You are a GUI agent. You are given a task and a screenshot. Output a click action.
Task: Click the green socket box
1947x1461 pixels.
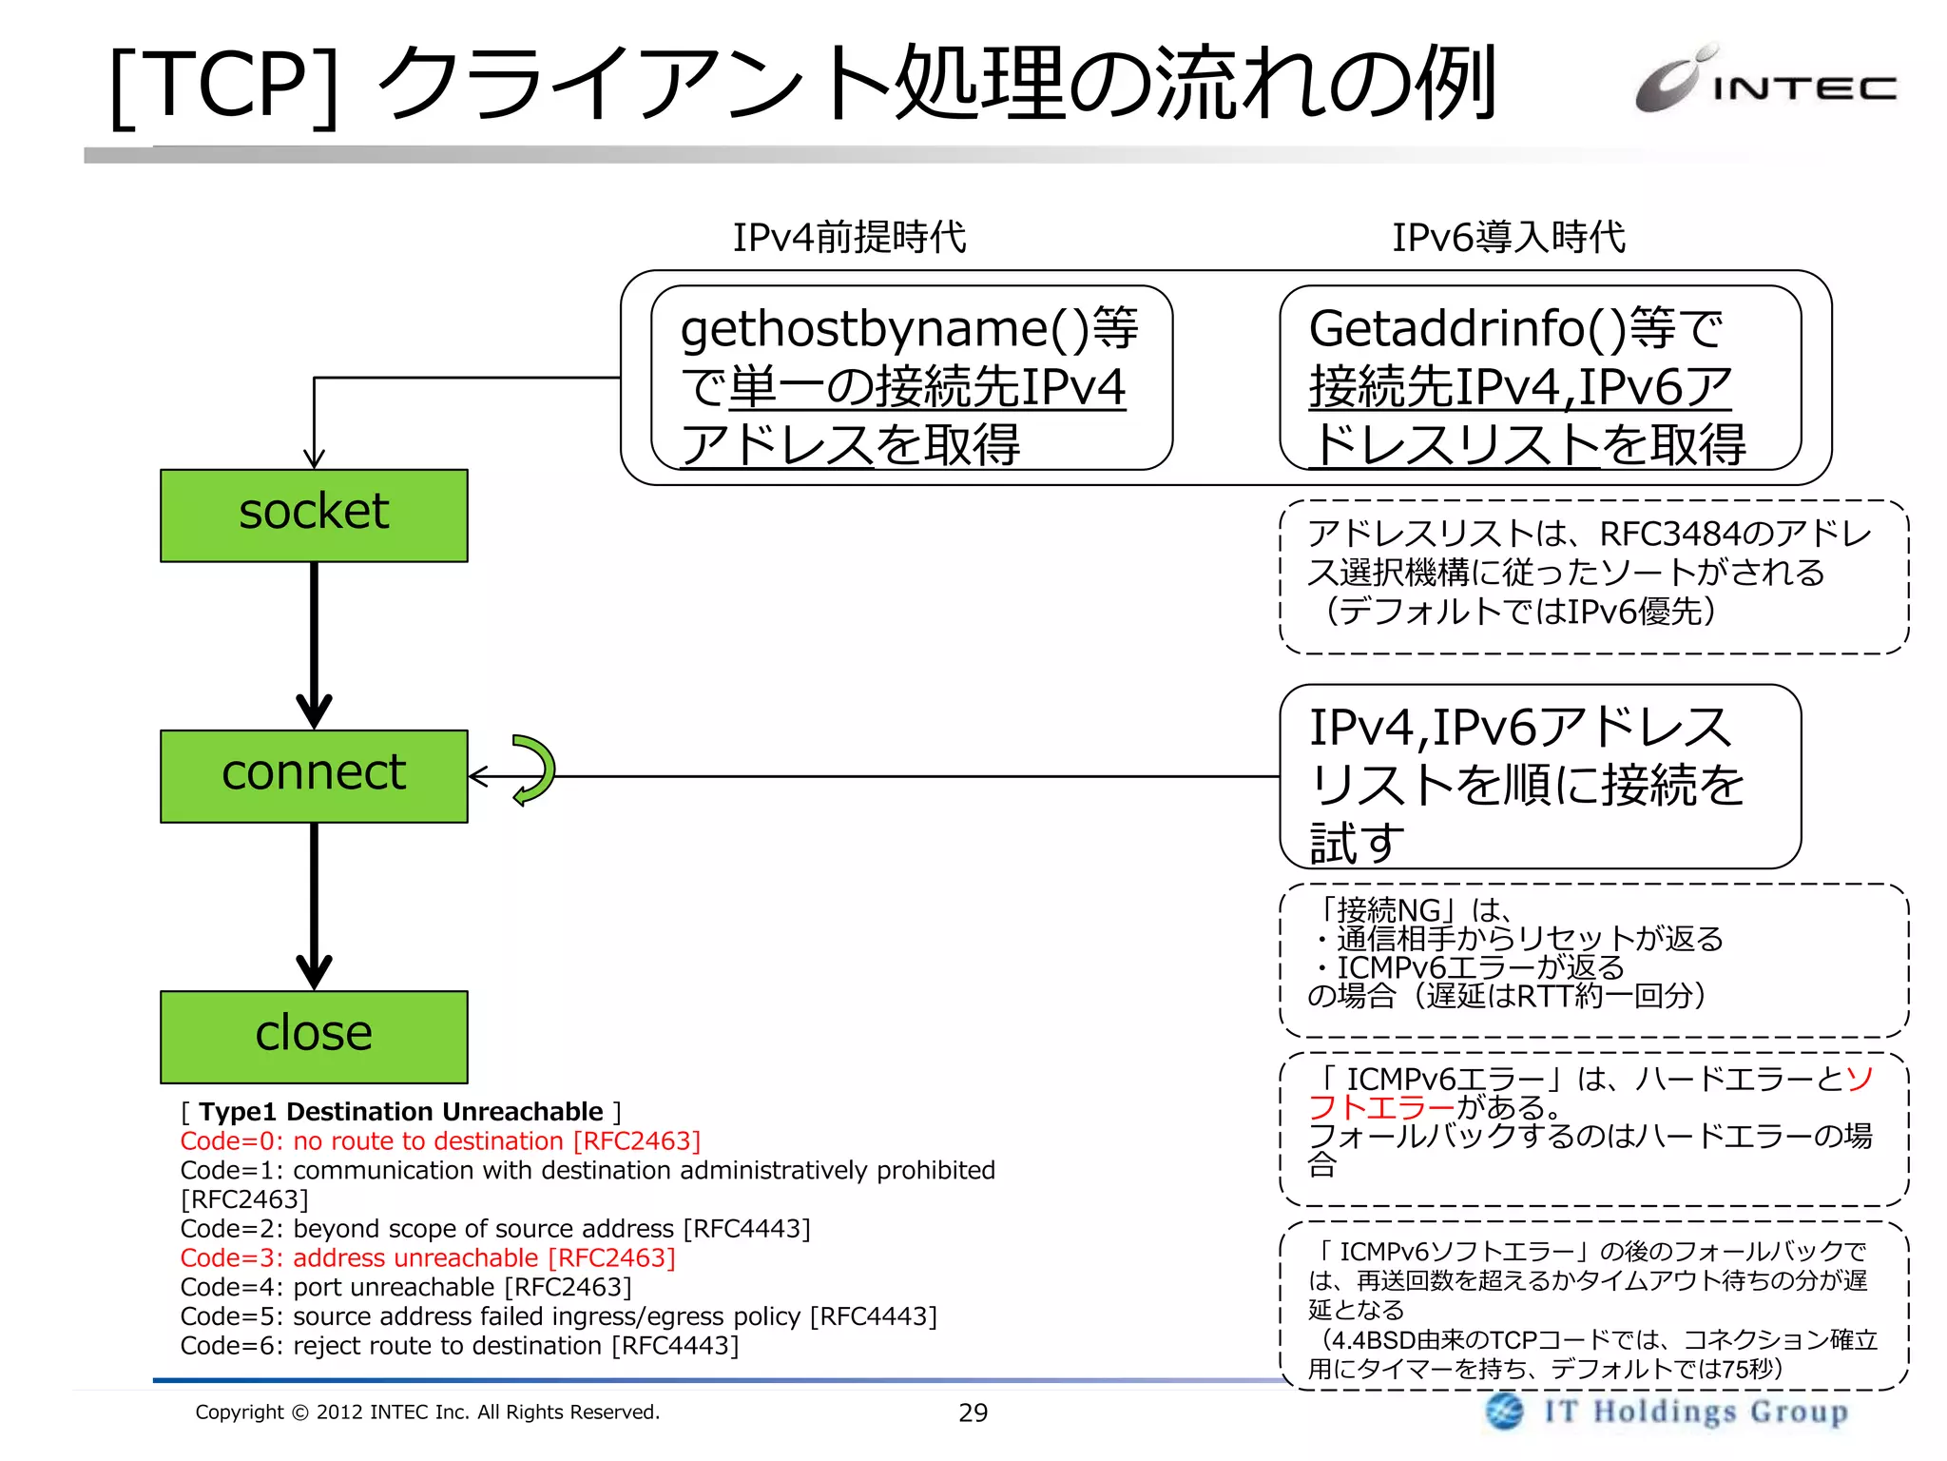(314, 515)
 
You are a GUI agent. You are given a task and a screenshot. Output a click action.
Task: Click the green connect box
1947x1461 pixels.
(314, 775)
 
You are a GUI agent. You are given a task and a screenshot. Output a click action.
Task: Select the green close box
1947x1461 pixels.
(314, 1036)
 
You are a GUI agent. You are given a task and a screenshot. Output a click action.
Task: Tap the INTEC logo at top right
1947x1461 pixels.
(1766, 82)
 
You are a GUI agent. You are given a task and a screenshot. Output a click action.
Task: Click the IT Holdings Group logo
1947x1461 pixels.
(1668, 1411)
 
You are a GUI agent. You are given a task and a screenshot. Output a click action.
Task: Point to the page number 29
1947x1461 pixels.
(973, 1412)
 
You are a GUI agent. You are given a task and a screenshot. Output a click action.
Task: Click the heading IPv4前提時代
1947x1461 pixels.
(849, 237)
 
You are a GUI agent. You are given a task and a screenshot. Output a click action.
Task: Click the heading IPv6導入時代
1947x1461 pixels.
(1509, 237)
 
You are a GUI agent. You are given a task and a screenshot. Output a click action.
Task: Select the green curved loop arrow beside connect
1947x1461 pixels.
(535, 769)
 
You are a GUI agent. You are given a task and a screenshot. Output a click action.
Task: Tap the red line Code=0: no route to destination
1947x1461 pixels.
(440, 1140)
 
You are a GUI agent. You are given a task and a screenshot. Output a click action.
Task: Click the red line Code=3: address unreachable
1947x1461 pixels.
(428, 1257)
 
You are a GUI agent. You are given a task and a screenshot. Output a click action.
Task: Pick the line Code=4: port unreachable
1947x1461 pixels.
(406, 1287)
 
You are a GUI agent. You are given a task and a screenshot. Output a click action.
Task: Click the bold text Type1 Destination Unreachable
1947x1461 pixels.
(400, 1111)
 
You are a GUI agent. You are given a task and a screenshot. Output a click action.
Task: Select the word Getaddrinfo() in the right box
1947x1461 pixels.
(1466, 329)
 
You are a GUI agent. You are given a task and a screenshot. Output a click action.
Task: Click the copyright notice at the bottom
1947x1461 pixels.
(427, 1412)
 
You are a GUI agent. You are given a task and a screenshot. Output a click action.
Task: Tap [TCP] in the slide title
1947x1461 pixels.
(224, 86)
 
